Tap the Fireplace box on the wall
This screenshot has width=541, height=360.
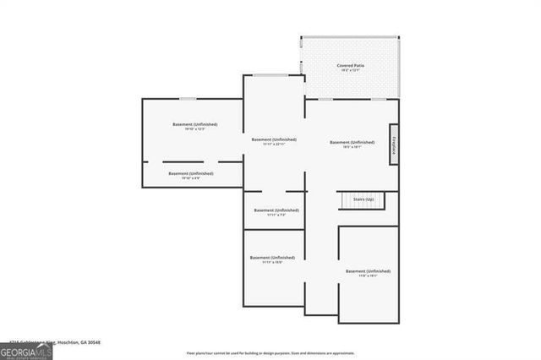[x=394, y=144]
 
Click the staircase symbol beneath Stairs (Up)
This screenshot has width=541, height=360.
[x=362, y=204]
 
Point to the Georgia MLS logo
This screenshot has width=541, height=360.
[x=25, y=351]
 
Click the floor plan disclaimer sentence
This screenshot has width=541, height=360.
[x=270, y=352]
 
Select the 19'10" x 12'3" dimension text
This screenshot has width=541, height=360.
[x=194, y=129]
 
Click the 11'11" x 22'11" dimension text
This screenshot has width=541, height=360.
[x=274, y=145]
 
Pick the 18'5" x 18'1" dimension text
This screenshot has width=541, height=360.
[x=352, y=148]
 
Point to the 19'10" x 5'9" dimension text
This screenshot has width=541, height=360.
[x=192, y=178]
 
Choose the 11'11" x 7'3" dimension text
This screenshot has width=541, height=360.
[x=276, y=215]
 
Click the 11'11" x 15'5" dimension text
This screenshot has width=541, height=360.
[x=272, y=263]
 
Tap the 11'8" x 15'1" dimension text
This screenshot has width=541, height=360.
[x=368, y=276]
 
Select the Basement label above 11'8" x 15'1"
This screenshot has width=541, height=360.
[x=369, y=270]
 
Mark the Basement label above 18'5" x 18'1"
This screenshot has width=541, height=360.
[x=352, y=142]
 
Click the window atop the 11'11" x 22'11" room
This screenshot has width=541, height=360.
[x=273, y=76]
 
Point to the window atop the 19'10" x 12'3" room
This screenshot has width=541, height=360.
[x=188, y=99]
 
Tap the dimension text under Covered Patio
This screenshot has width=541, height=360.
[x=351, y=70]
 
